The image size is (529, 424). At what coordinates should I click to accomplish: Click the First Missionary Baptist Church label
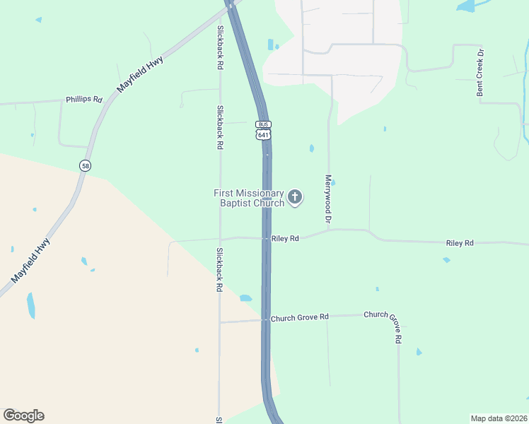249,198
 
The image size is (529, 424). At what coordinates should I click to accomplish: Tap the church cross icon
294,197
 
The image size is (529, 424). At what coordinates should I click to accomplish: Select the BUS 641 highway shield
263,129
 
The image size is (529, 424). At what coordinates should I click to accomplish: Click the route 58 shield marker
86,165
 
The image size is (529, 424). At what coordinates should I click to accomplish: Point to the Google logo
23,416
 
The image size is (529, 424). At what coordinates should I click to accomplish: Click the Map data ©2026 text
499,418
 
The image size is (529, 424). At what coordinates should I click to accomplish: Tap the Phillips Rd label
84,100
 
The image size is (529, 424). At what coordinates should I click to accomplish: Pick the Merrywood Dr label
328,200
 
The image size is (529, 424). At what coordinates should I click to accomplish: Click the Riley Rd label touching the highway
285,239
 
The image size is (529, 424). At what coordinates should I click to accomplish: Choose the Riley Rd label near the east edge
459,243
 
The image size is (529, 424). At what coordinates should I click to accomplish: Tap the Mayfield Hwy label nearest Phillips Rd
140,74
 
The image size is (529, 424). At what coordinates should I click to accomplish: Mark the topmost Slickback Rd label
221,47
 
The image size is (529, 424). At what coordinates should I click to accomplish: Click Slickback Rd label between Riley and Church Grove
220,270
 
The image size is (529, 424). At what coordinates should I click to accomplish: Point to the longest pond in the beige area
30,305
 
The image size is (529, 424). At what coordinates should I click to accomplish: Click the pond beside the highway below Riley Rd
245,298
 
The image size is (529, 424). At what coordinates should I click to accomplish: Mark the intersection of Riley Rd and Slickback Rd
220,238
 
